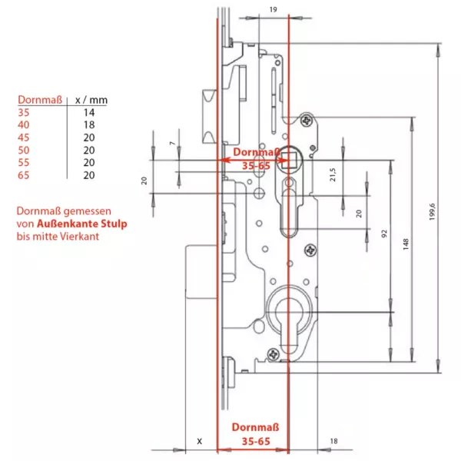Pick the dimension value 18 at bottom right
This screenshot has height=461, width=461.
[333, 440]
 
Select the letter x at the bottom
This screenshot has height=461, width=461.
[199, 441]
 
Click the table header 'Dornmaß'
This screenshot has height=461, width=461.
[35, 100]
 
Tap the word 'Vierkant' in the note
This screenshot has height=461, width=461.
[81, 236]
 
